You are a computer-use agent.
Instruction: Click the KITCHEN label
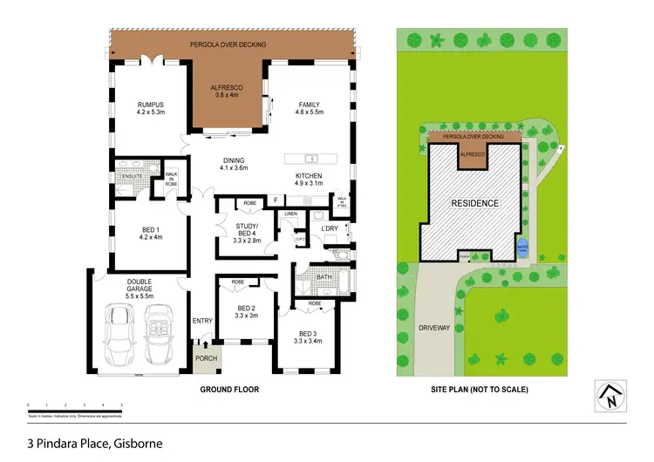(309, 176)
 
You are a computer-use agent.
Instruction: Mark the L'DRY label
(329, 228)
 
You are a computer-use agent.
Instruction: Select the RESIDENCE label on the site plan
(475, 203)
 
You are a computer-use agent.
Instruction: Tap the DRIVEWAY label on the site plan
(433, 329)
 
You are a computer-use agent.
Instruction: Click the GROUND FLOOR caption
(229, 390)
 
